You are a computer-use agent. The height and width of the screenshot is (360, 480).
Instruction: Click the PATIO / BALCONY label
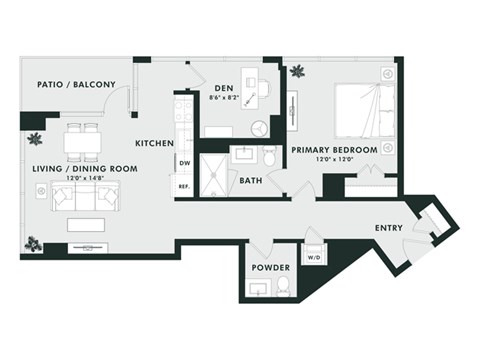tap(76, 84)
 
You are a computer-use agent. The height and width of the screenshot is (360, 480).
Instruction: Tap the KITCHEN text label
tap(155, 143)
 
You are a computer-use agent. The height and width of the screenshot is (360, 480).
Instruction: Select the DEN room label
tap(225, 87)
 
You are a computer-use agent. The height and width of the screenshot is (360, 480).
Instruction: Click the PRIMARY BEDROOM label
tap(334, 150)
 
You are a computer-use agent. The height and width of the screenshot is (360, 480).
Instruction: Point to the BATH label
tap(251, 180)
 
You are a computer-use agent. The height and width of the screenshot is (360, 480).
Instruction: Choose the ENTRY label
tap(389, 228)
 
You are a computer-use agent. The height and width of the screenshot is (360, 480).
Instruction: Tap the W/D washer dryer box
tap(313, 256)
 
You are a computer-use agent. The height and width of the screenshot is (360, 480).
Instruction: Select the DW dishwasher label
tap(184, 163)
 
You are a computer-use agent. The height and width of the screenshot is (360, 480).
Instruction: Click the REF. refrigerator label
tap(184, 186)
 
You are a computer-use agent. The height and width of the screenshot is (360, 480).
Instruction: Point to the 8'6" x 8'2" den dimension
tap(225, 98)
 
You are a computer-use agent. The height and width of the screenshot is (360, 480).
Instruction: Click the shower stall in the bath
tap(213, 171)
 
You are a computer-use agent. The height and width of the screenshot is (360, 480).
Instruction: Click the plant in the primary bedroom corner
tap(297, 71)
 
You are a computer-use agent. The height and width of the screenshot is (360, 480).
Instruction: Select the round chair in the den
tap(259, 128)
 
